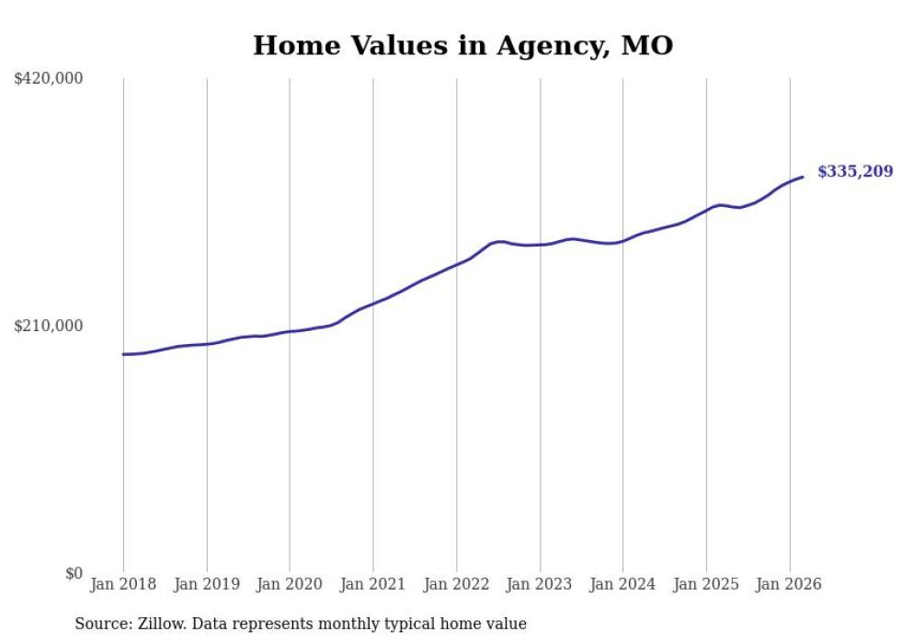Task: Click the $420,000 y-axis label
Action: tap(49, 79)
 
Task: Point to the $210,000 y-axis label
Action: tap(49, 326)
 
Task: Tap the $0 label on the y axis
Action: tap(74, 573)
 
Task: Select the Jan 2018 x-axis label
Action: tap(123, 584)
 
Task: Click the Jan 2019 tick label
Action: tap(207, 584)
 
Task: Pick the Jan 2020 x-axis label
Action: tap(290, 584)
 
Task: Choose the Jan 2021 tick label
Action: tap(373, 584)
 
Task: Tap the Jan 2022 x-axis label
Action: tap(457, 584)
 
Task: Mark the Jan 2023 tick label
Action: tap(540, 584)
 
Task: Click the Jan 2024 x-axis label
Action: tap(623, 584)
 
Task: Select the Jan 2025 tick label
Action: tap(706, 584)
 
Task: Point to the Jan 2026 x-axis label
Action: tap(790, 584)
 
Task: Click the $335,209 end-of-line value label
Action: tap(855, 171)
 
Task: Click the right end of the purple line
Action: tap(803, 177)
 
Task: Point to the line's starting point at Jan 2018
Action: tap(123, 354)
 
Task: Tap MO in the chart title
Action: tap(648, 45)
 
